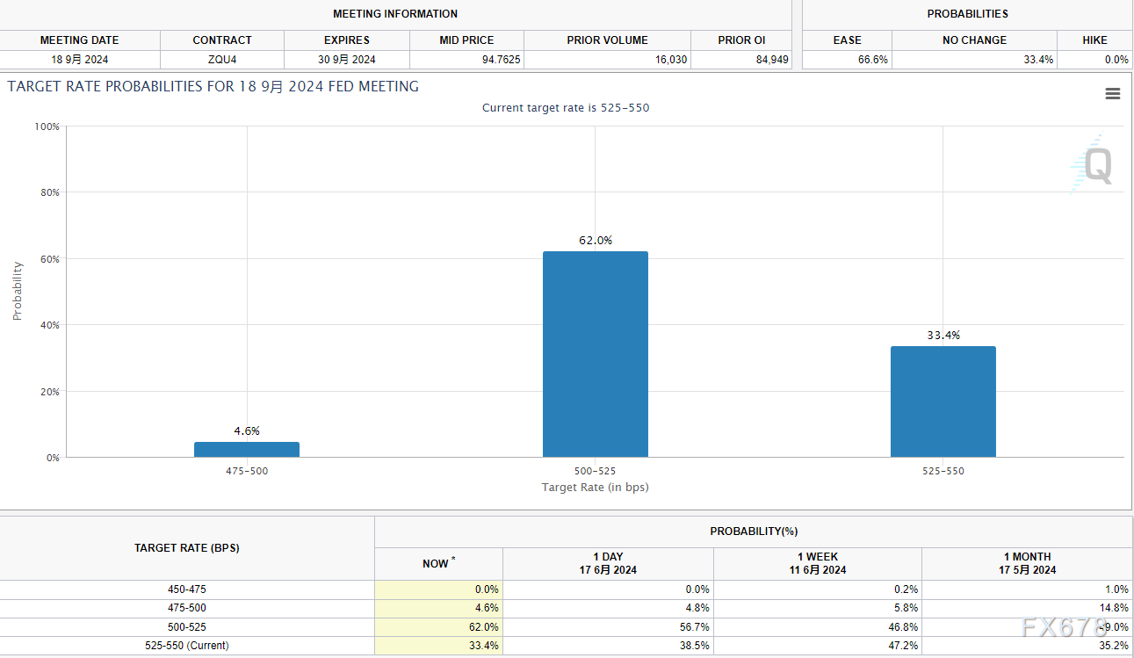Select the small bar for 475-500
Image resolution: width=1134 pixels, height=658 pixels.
tap(247, 449)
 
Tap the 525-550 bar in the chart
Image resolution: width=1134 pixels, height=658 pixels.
tap(943, 401)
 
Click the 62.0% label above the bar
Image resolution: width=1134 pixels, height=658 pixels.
tap(596, 240)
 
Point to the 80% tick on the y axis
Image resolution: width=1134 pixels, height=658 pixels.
tap(49, 192)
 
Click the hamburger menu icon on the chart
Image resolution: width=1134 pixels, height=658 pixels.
tap(1112, 94)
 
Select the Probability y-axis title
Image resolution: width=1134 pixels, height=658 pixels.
tap(18, 291)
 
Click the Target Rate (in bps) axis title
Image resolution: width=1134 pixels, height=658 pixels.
tap(595, 487)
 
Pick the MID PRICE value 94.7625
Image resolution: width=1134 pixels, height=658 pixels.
tap(501, 60)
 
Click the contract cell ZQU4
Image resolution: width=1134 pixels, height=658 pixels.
tap(222, 60)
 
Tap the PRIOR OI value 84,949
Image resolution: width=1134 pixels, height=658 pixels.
tap(767, 60)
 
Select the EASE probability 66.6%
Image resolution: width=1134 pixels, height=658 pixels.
tap(872, 60)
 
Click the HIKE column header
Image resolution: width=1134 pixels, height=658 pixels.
tap(1094, 40)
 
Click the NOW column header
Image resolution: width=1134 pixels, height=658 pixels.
tap(437, 563)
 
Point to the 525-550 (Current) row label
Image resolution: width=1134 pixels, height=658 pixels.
tap(186, 646)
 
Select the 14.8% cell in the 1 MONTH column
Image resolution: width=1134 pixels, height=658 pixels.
tap(1114, 608)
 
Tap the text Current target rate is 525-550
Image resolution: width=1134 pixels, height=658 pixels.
tap(566, 108)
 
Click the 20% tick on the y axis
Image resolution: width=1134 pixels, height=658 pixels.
tap(49, 392)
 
